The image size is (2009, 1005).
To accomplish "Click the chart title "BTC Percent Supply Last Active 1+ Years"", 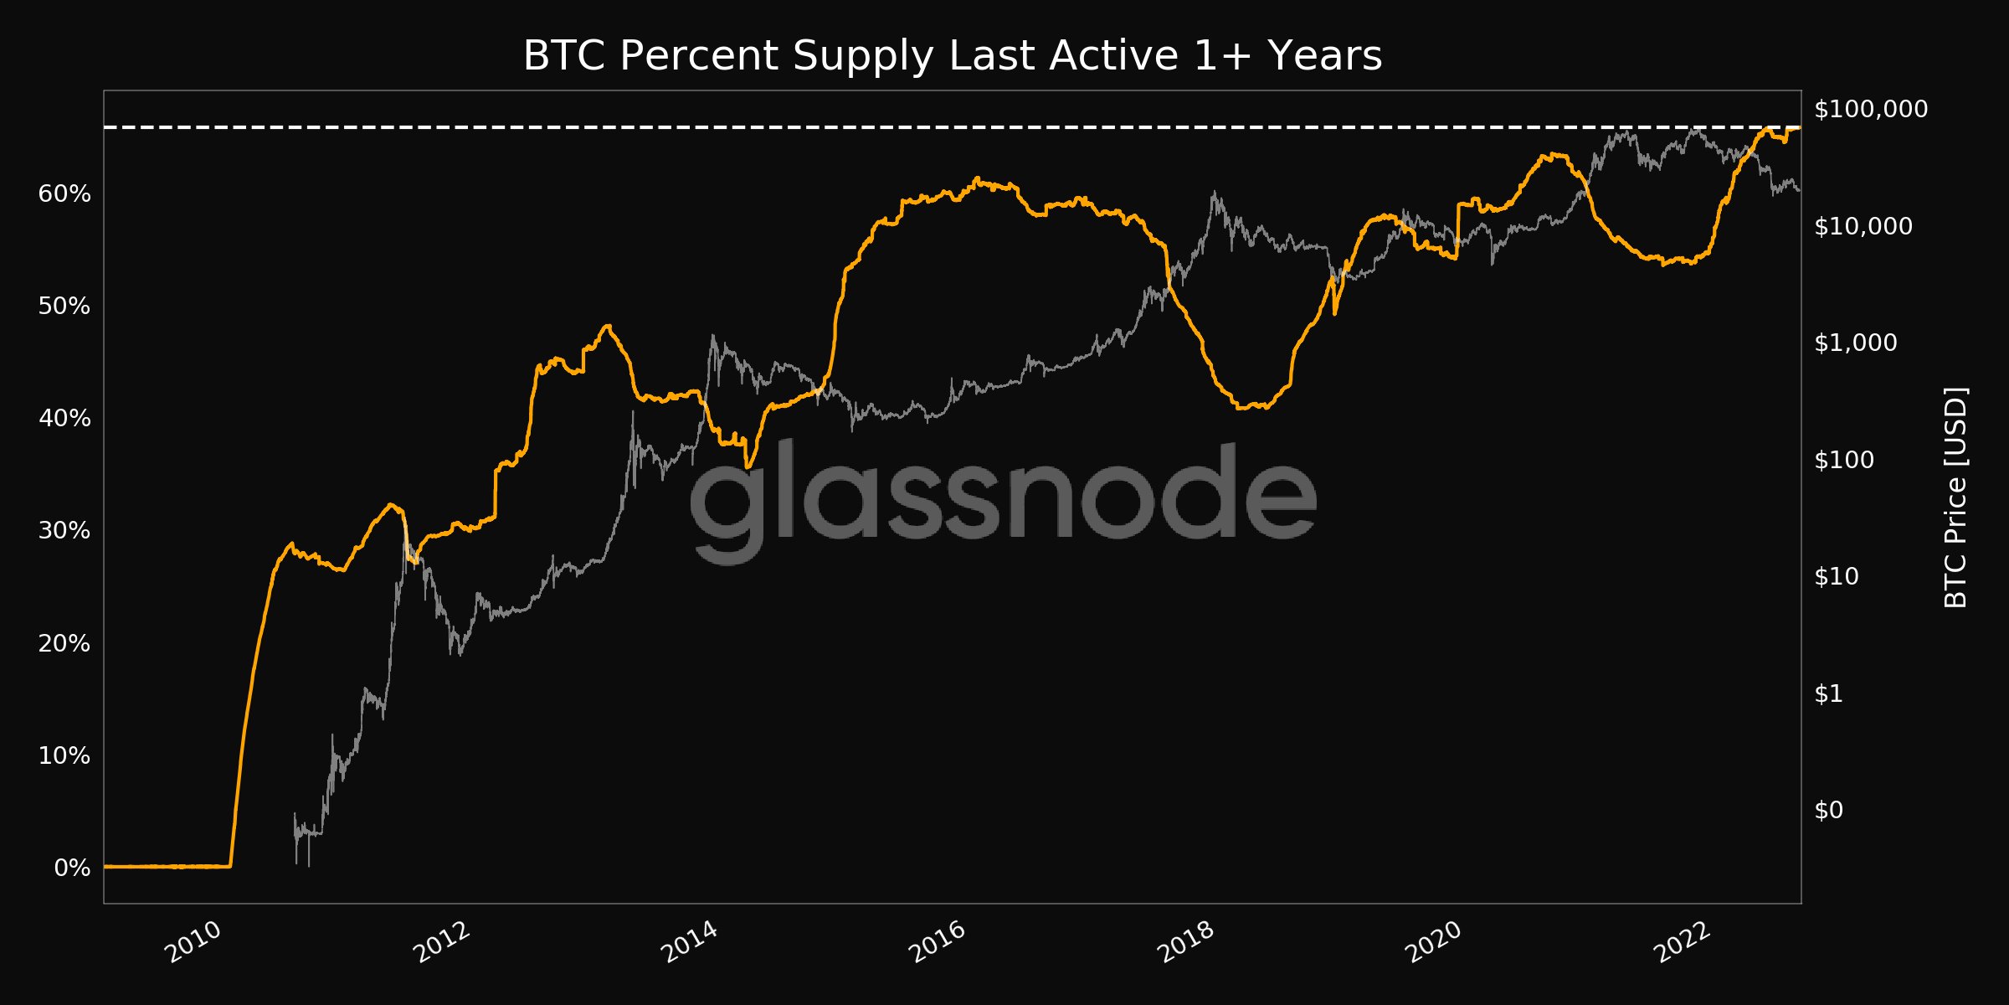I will [952, 56].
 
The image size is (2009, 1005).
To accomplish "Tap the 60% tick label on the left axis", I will [64, 194].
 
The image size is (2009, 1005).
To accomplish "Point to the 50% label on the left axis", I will [64, 307].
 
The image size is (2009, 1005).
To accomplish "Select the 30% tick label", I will [64, 531].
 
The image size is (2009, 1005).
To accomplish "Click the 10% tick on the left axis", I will [64, 756].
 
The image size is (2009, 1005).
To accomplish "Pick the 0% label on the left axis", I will [72, 868].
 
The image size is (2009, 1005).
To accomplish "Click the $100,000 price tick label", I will [1871, 109].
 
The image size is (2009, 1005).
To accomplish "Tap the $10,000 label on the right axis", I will [1863, 226].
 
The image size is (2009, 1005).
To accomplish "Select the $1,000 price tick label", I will [1856, 343].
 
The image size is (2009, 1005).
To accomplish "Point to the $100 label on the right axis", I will [1844, 460].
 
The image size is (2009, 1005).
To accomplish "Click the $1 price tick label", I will [1828, 693].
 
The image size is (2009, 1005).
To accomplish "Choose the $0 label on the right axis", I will [1828, 810].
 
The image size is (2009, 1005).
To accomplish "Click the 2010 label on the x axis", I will [193, 942].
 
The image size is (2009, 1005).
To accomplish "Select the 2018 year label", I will [1186, 942].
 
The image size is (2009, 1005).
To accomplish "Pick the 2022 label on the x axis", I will [1683, 942].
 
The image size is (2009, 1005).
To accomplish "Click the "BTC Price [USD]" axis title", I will [1955, 497].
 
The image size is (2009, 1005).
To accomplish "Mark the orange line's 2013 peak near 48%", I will [608, 326].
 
